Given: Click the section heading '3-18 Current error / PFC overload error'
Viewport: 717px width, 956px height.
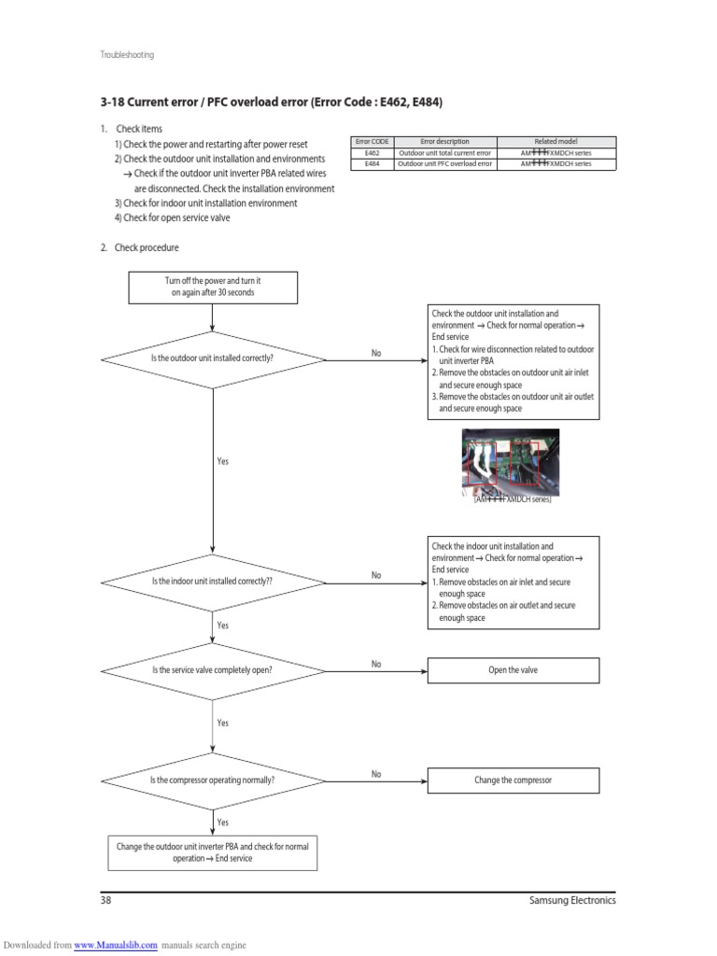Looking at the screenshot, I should click(x=271, y=101).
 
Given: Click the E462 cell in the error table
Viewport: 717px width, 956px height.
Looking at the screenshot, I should click(x=372, y=152).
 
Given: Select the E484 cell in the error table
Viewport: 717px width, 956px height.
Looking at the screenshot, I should click(x=372, y=163).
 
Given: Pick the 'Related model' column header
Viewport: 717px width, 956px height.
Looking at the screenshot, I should click(x=556, y=141).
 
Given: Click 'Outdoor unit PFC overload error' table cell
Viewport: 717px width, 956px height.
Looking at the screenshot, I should click(x=444, y=163).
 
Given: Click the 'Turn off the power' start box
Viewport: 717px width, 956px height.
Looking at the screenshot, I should click(x=213, y=288).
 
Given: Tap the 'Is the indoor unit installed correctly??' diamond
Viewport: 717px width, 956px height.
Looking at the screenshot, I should click(x=213, y=581).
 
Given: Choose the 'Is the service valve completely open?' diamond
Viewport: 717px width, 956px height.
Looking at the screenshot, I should click(x=213, y=670).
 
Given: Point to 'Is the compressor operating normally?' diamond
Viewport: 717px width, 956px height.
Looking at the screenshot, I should click(x=213, y=780).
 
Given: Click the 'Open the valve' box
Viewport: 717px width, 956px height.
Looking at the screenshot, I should click(x=513, y=670).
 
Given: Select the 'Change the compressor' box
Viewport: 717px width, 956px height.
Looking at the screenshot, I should click(x=513, y=780).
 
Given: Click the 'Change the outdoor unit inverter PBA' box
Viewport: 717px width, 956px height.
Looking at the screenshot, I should click(x=213, y=851).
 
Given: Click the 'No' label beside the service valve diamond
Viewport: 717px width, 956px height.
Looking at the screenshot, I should click(x=376, y=664).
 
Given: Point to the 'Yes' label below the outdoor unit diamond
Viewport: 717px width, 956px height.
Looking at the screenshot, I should click(x=222, y=461).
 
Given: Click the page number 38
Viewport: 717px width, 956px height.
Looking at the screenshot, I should click(x=105, y=901).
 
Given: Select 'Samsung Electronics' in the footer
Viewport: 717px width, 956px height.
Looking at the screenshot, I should click(x=571, y=901).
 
